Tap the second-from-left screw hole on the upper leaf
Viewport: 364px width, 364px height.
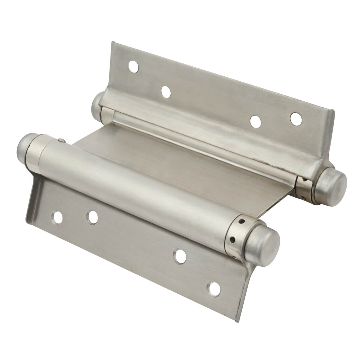click(x=166, y=91)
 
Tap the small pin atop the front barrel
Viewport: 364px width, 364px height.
click(x=61, y=141)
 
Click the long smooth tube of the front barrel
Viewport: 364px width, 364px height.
click(x=135, y=182)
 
